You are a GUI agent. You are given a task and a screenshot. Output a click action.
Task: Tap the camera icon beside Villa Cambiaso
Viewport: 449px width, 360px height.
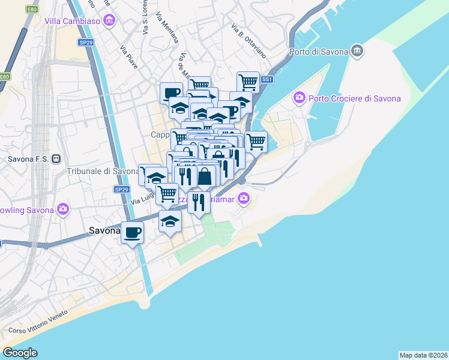[109, 22]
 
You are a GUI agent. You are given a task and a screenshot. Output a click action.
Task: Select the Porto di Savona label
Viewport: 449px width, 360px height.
[319, 51]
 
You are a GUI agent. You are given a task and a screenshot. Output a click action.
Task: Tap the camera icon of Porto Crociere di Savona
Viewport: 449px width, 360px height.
[299, 97]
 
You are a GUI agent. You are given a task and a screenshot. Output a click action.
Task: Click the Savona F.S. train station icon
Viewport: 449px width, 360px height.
[55, 159]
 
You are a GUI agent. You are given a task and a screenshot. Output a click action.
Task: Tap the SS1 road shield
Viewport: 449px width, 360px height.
[267, 79]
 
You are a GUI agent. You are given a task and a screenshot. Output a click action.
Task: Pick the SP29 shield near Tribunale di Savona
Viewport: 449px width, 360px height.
[122, 190]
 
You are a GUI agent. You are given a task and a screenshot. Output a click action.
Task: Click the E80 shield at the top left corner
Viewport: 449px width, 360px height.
[32, 10]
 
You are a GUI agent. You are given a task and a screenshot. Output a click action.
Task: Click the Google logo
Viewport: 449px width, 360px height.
[20, 353]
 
